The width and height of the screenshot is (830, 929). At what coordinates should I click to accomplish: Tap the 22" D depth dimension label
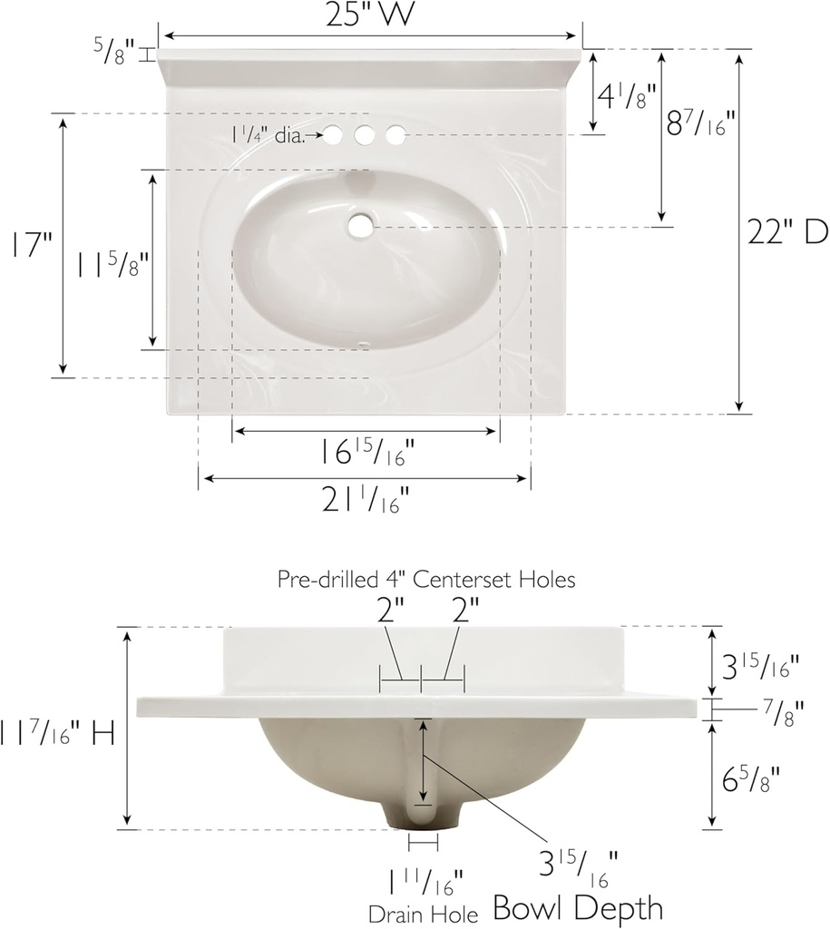tap(787, 232)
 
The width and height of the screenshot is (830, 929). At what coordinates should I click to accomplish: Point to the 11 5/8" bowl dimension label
tap(111, 266)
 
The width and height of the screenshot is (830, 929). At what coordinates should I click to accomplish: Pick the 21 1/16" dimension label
tap(365, 499)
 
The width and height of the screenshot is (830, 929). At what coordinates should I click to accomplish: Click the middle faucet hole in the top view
tap(365, 135)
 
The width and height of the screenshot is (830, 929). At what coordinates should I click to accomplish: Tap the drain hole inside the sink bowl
tap(362, 224)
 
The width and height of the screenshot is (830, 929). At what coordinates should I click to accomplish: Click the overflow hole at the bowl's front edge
tap(364, 345)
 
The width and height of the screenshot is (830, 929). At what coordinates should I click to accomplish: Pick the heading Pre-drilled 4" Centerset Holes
tap(425, 580)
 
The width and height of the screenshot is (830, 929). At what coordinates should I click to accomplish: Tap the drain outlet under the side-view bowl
tap(420, 818)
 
